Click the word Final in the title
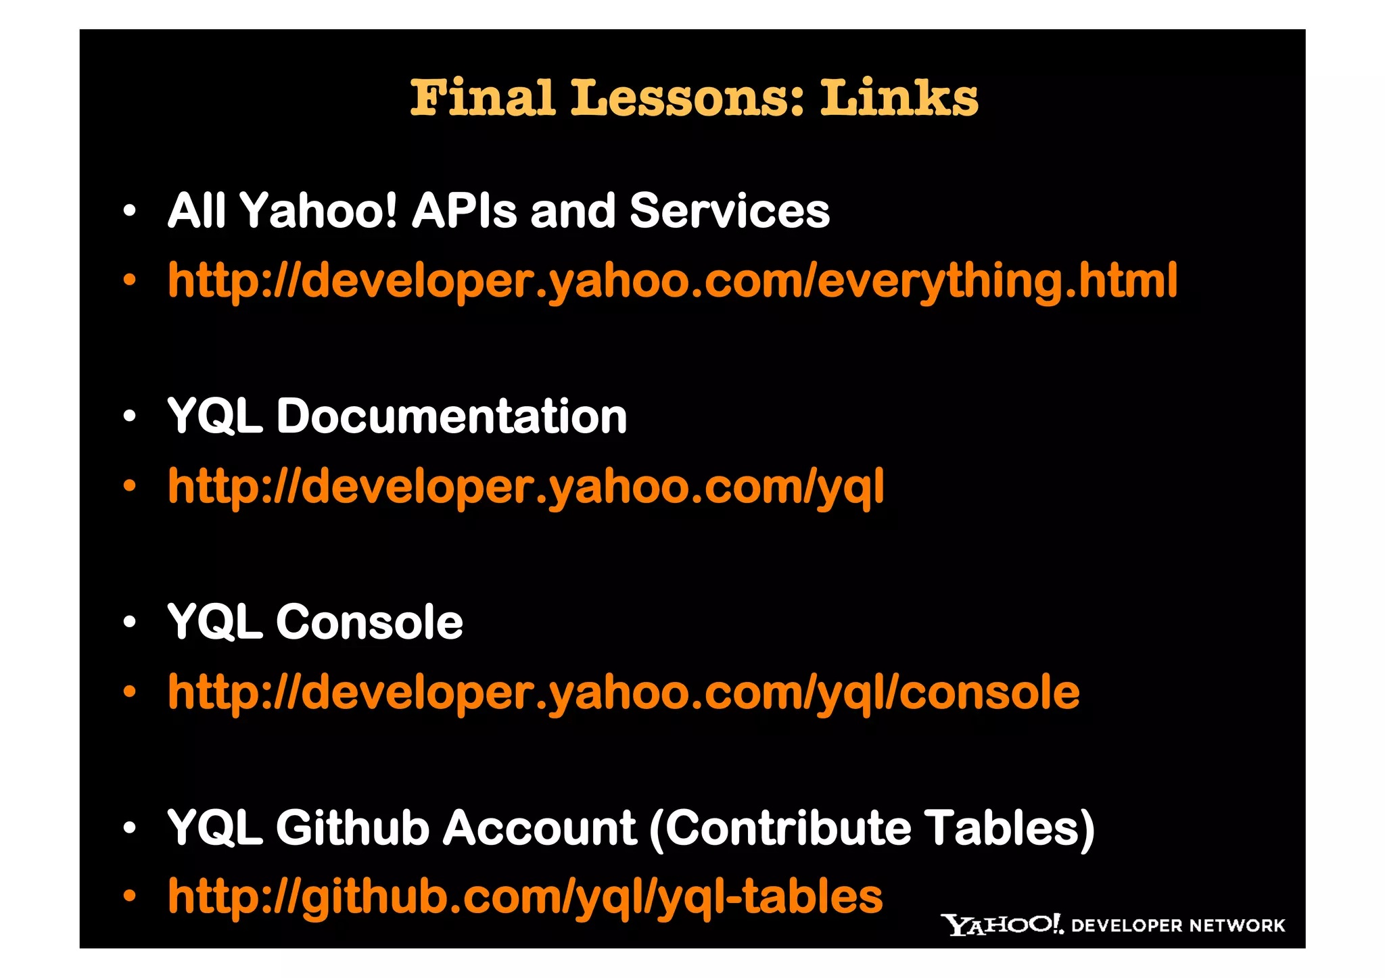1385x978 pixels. [483, 98]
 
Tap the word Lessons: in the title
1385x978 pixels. [688, 98]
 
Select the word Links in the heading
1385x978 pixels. [899, 98]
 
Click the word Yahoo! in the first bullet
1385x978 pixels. [319, 211]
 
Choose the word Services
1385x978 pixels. [729, 211]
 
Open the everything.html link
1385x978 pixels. [672, 280]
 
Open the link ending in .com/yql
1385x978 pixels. [525, 487]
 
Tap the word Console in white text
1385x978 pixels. [369, 622]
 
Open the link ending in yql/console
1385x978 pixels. [624, 692]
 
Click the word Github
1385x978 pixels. [352, 828]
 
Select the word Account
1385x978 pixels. [539, 828]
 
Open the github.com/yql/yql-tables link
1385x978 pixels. [525, 898]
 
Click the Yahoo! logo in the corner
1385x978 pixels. [1002, 925]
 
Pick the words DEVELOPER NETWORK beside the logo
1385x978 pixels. [1178, 926]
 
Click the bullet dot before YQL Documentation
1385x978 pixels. [130, 416]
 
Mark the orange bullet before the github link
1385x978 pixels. [130, 897]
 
